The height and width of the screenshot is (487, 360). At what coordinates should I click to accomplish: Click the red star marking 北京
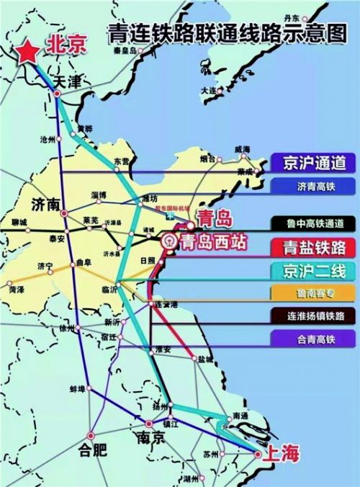pyautogui.click(x=28, y=51)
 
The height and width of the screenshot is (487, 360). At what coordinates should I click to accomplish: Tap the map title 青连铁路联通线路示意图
pyautogui.click(x=222, y=33)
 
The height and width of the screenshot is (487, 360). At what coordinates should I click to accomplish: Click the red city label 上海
pyautogui.click(x=280, y=454)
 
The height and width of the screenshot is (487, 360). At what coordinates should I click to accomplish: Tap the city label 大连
pyautogui.click(x=210, y=91)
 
